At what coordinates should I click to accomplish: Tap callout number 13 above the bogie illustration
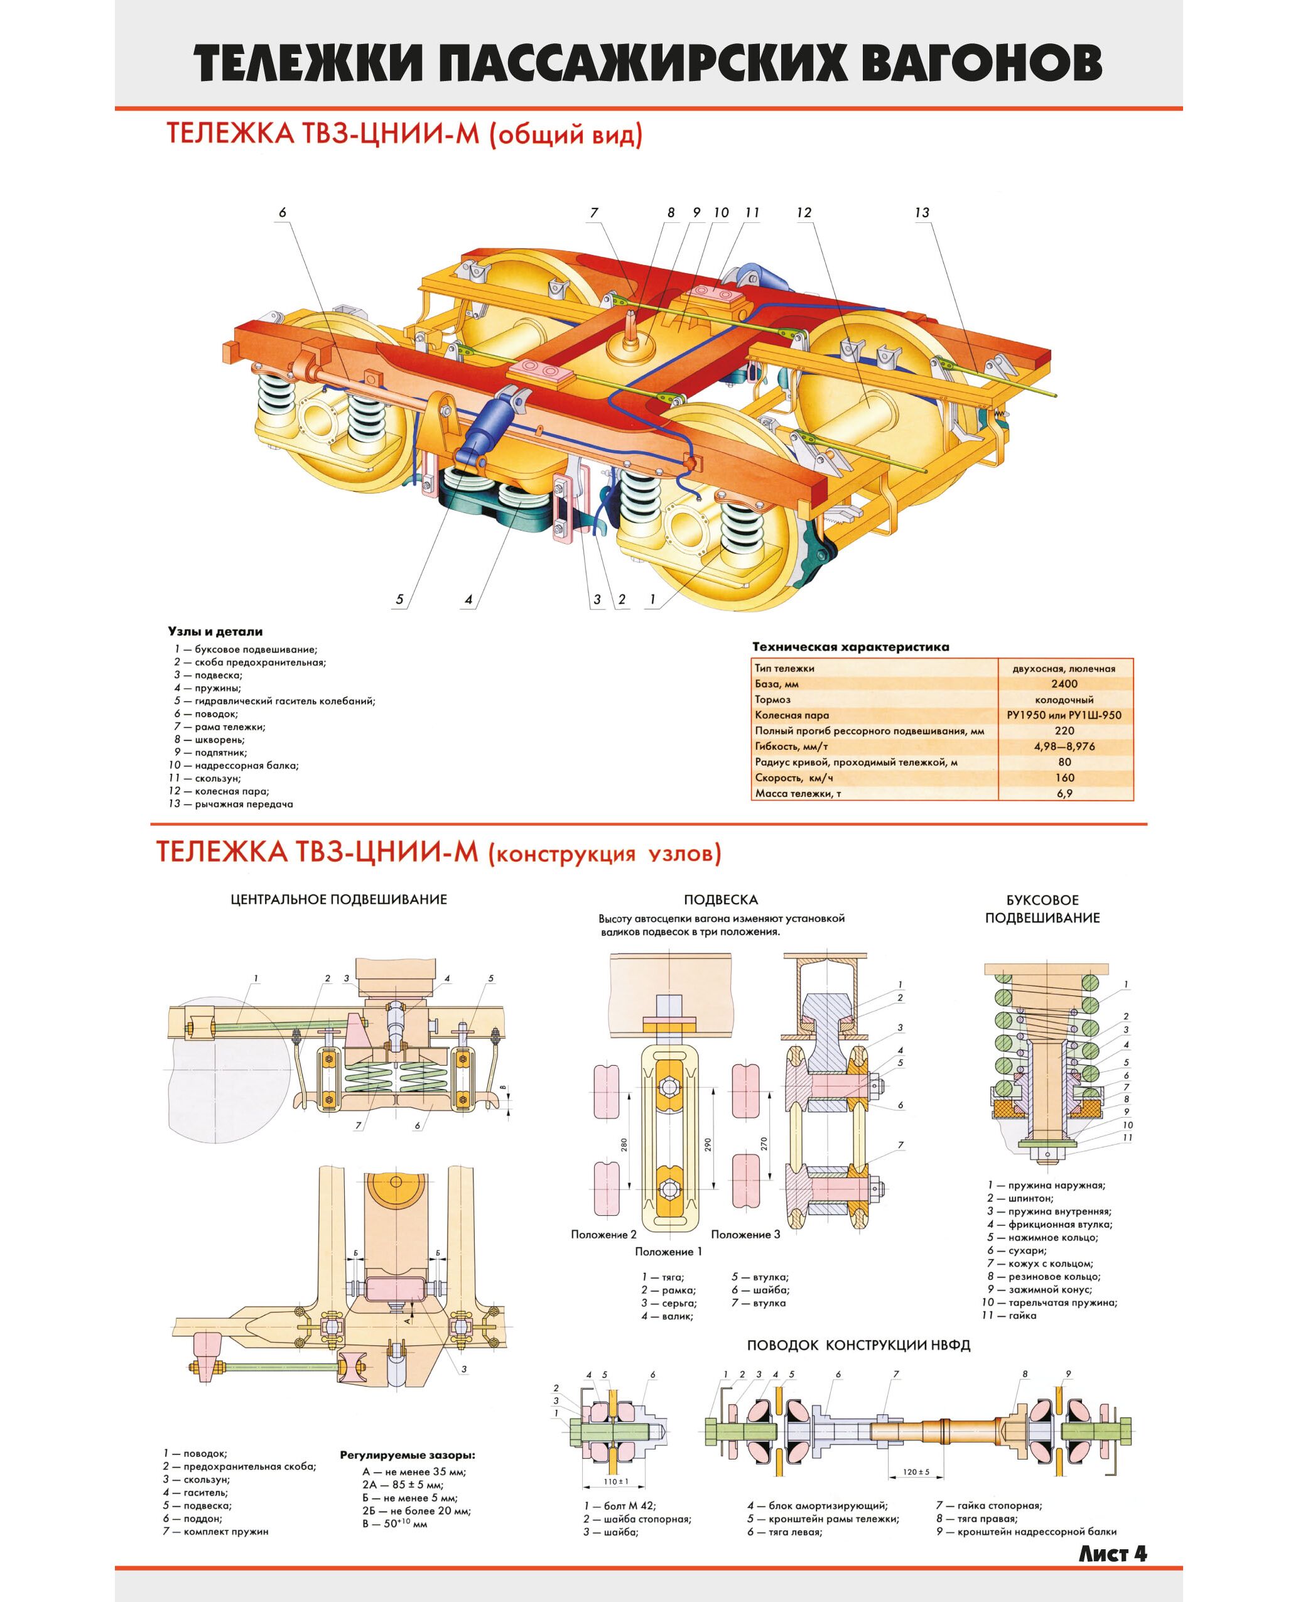coord(921,213)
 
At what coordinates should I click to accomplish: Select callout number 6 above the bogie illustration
coord(283,213)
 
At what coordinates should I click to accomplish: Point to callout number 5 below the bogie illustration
coord(399,599)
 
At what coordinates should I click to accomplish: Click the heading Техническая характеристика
coord(850,647)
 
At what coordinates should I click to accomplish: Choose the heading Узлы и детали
coord(215,632)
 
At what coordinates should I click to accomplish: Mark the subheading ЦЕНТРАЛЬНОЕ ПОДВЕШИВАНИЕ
coord(338,899)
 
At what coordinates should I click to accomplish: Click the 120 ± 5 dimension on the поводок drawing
coord(915,1472)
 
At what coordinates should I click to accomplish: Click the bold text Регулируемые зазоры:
coord(408,1456)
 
